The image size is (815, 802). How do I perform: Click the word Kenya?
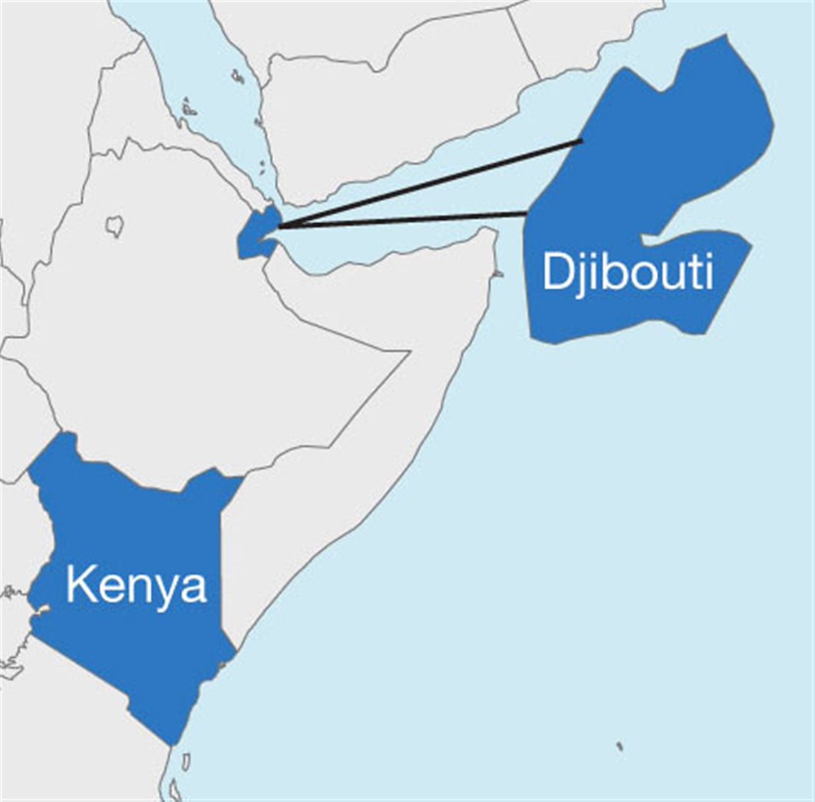point(136,585)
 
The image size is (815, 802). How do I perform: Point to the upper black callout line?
point(432,182)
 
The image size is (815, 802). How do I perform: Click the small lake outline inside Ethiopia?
point(116,226)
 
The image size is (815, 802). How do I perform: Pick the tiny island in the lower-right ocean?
point(619,746)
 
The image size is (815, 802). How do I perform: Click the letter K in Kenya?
point(78,585)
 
